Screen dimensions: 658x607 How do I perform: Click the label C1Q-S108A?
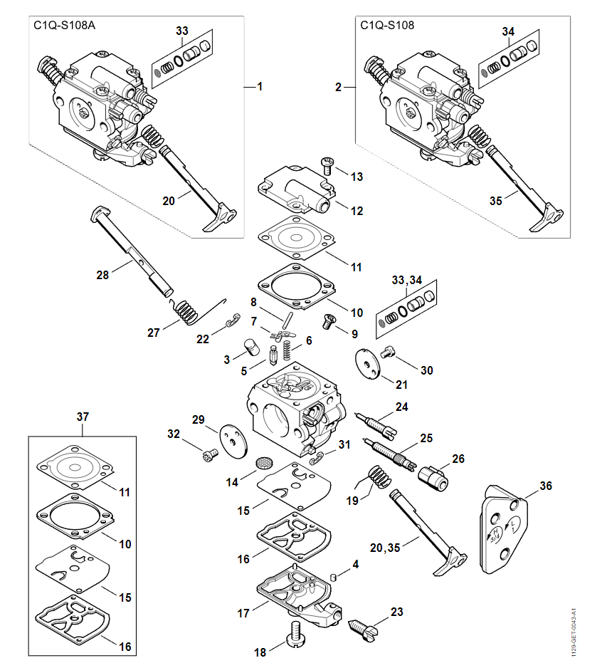point(64,25)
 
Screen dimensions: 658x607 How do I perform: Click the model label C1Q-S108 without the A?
point(388,25)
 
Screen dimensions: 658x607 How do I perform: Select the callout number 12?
point(357,211)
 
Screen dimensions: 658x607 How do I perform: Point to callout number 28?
point(102,274)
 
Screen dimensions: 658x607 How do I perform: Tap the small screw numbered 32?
point(209,453)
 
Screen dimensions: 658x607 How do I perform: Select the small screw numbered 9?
point(330,322)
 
